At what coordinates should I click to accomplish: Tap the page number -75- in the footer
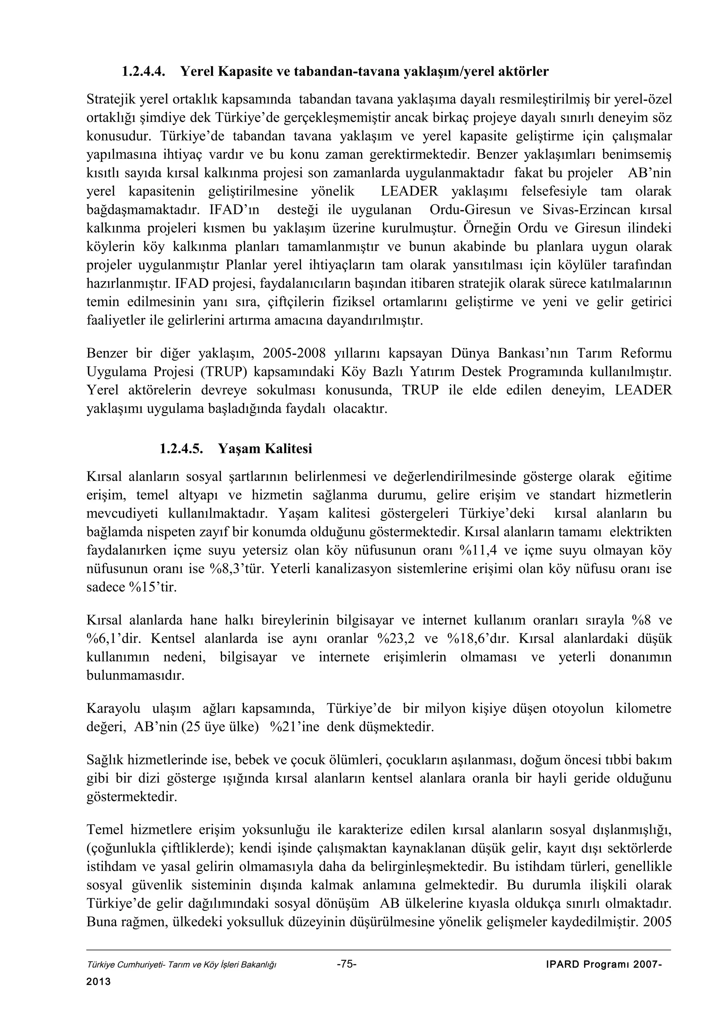[x=346, y=964]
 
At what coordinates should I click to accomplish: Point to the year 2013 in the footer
[x=98, y=982]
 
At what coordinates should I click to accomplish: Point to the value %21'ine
[x=295, y=728]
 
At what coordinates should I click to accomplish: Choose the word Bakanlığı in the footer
[x=261, y=965]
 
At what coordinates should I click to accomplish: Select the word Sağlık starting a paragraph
[x=105, y=760]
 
